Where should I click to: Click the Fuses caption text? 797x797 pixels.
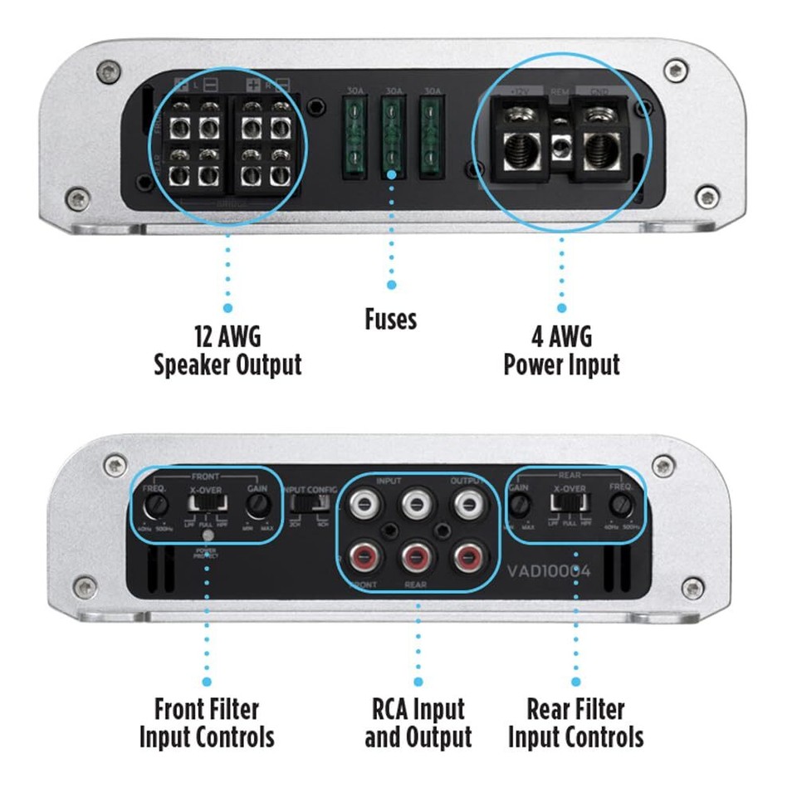[391, 318]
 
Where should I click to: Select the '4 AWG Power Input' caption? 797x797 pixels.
[561, 350]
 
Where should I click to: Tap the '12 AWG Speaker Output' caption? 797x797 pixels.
[227, 350]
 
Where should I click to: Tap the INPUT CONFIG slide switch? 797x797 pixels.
[308, 509]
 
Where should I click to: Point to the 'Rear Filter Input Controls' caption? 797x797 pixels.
[575, 723]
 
